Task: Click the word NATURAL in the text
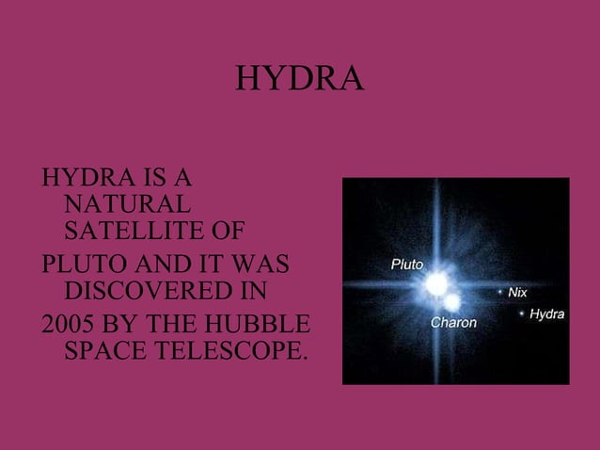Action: click(125, 202)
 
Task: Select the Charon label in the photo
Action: click(453, 323)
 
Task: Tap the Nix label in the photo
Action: click(517, 293)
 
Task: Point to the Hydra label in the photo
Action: click(546, 313)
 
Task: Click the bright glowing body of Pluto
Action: click(435, 282)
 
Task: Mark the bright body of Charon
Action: click(453, 302)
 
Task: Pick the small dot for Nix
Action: click(500, 293)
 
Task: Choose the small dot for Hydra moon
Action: click(522, 313)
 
